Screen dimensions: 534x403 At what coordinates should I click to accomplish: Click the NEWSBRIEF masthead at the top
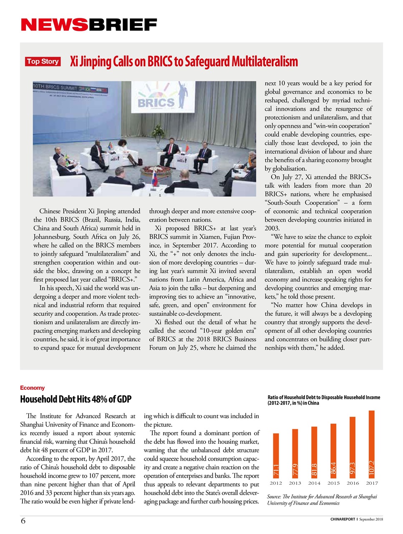pos(89,25)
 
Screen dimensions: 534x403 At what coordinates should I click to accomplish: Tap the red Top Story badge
pos(43,61)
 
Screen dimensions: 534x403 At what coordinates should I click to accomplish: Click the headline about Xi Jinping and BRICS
pos(184,62)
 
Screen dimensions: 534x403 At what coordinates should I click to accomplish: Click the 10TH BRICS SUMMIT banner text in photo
pos(55,88)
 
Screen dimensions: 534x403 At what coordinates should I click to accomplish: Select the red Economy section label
pos(32,388)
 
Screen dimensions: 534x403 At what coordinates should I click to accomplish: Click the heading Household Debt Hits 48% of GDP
pos(76,399)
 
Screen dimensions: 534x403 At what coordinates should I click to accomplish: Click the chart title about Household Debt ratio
pos(323,400)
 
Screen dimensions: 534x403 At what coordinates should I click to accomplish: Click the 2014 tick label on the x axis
pos(314,483)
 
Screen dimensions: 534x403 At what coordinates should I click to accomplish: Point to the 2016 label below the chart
pos(353,483)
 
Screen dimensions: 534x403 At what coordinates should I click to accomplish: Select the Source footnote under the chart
pos(322,500)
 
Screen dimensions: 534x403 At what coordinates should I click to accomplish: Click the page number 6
pos(23,521)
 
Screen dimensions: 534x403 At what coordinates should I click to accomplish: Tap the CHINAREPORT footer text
pos(343,519)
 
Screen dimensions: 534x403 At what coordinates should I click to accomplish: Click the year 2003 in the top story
pos(272,228)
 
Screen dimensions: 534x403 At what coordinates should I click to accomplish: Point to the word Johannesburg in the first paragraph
pos(52,237)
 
